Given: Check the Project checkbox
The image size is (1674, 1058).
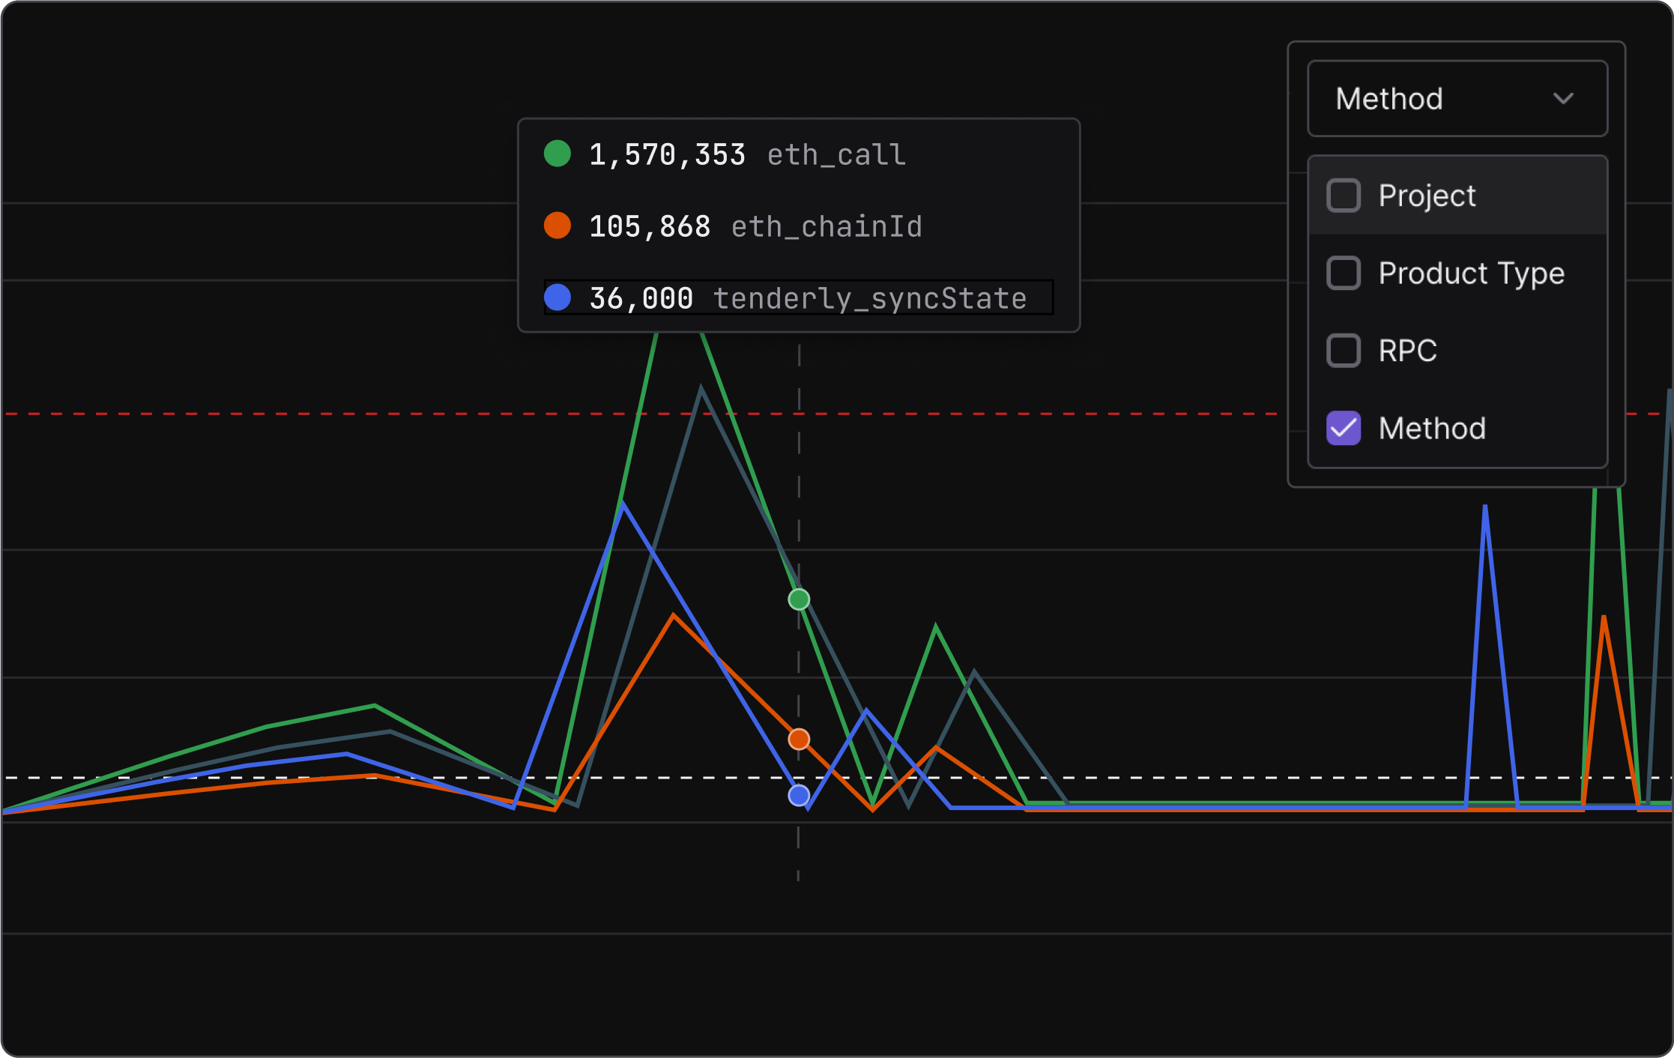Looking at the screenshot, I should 1344,196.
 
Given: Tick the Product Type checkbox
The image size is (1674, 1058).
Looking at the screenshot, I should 1344,273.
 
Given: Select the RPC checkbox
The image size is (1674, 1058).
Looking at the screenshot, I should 1344,351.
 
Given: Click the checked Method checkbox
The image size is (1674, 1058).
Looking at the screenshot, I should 1344,429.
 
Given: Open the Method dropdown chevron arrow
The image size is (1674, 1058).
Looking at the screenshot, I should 1563,99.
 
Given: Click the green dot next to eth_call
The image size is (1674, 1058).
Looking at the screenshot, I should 558,154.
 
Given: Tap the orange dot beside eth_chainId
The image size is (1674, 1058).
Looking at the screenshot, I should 558,226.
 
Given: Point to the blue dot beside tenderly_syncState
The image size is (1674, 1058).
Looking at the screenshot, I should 558,297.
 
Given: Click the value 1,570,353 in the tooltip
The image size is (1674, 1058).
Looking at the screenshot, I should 667,155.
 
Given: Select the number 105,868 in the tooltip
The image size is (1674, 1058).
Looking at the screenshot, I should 650,227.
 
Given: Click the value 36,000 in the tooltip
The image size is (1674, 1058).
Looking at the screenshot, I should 641,299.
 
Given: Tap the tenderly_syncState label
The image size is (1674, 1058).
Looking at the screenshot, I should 869,299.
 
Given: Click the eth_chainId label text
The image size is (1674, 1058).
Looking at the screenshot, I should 827,227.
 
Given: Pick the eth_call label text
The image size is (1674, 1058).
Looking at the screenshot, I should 836,155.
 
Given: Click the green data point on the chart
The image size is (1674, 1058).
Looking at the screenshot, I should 799,599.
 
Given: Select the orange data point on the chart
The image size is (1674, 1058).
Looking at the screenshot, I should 799,740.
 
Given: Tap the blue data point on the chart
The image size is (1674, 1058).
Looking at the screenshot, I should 799,796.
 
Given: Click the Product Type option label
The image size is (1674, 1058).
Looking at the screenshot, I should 1471,273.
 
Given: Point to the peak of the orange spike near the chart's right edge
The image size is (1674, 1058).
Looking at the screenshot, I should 1604,618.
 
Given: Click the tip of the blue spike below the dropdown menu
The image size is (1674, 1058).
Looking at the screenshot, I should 1485,508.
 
